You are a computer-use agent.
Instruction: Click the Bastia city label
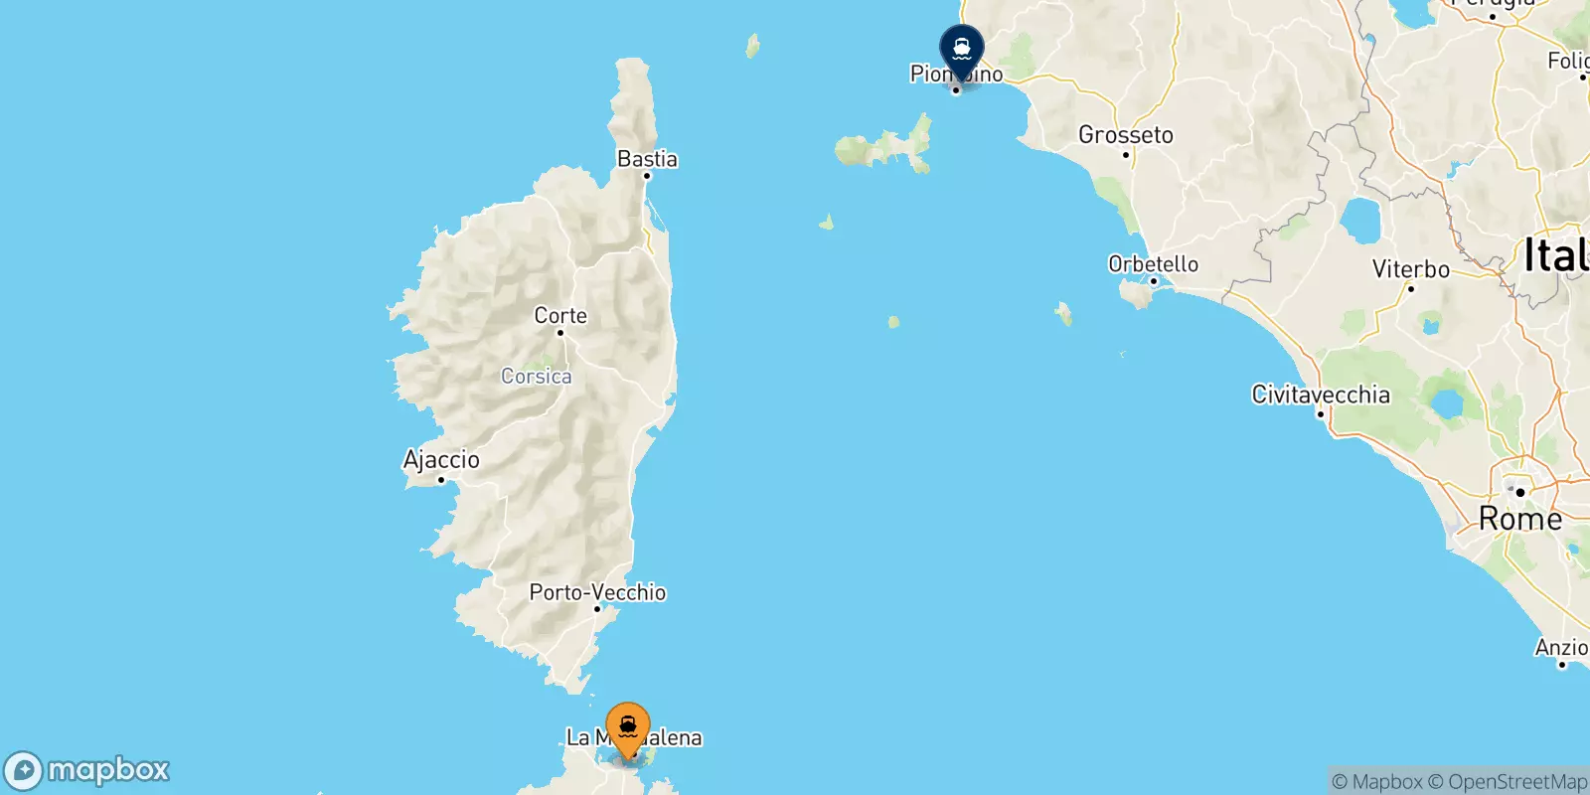coord(647,159)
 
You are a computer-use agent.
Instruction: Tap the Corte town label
coord(560,316)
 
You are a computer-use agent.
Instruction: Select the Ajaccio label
coord(441,460)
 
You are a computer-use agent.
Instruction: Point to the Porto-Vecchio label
coord(597,592)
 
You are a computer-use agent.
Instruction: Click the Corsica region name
coord(536,377)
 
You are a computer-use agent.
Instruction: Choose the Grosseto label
coord(1126,135)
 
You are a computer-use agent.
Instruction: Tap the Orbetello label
coord(1153,264)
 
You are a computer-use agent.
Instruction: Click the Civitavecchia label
coord(1321,395)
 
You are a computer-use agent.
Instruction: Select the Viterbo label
coord(1410,269)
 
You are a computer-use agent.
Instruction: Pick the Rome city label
coord(1520,519)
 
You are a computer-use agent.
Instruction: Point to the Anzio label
coord(1561,648)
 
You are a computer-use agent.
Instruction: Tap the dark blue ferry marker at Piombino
coord(962,48)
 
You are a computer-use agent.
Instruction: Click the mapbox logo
coord(87,770)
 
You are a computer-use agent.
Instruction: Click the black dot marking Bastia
coord(646,176)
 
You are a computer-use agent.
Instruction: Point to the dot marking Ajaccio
coord(441,480)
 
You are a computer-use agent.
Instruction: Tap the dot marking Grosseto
coord(1125,155)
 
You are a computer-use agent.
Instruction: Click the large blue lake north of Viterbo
coord(1360,220)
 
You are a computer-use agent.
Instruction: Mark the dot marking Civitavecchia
coord(1321,413)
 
